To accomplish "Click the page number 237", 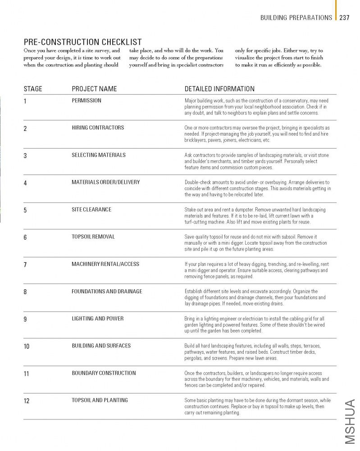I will point(345,18).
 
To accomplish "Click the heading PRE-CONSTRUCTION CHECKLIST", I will point(82,42).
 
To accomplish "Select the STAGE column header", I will point(33,89).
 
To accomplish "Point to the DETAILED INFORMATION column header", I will point(219,89).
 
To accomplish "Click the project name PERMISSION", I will point(87,100).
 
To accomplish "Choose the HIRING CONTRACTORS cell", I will point(98,128).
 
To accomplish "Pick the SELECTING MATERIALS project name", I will point(99,155).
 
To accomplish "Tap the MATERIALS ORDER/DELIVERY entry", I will point(106,182).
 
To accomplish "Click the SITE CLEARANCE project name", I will point(91,210).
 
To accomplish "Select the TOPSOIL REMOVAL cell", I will point(93,237).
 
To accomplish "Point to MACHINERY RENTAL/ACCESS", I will point(105,264).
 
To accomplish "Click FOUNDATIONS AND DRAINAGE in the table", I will point(107,292).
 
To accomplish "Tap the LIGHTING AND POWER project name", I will point(98,319).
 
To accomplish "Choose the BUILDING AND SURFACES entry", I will point(101,346).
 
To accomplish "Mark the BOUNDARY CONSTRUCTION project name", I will point(104,373).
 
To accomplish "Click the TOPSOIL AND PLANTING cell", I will point(100,400).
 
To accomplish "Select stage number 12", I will point(27,401).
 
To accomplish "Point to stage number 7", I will point(25,264).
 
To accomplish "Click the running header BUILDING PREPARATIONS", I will point(296,18).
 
